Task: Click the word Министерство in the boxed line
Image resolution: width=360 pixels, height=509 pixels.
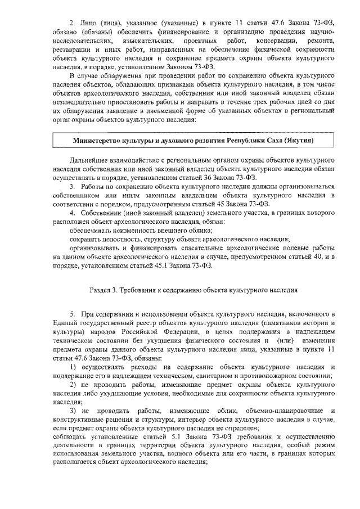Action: click(x=99, y=139)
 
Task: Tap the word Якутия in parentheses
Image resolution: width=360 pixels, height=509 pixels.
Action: click(x=297, y=139)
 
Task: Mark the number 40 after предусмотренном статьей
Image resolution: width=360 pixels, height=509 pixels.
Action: click(x=322, y=256)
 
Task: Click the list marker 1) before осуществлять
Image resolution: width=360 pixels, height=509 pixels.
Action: click(x=73, y=368)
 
